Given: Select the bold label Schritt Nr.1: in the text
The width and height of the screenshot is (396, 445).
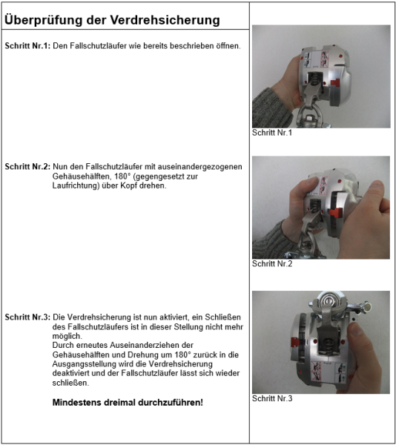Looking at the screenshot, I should pyautogui.click(x=27, y=46).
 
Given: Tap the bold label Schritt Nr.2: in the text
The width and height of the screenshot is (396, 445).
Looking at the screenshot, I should pyautogui.click(x=27, y=168).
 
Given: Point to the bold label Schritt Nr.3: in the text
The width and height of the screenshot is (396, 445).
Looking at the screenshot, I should pyautogui.click(x=27, y=317).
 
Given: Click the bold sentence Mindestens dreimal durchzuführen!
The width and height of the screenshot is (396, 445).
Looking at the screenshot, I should pyautogui.click(x=128, y=403).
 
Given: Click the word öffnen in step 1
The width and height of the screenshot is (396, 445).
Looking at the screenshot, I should pyautogui.click(x=227, y=46).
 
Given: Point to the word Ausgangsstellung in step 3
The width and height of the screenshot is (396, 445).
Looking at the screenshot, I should pyautogui.click(x=86, y=363).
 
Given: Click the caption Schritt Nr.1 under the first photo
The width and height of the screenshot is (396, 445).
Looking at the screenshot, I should pyautogui.click(x=272, y=133).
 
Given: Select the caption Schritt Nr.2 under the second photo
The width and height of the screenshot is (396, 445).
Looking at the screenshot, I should pyautogui.click(x=272, y=264).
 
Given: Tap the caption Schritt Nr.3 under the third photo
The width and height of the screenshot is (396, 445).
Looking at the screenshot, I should pyautogui.click(x=272, y=398).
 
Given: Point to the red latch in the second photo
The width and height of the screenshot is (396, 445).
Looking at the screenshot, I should pyautogui.click(x=335, y=214).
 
